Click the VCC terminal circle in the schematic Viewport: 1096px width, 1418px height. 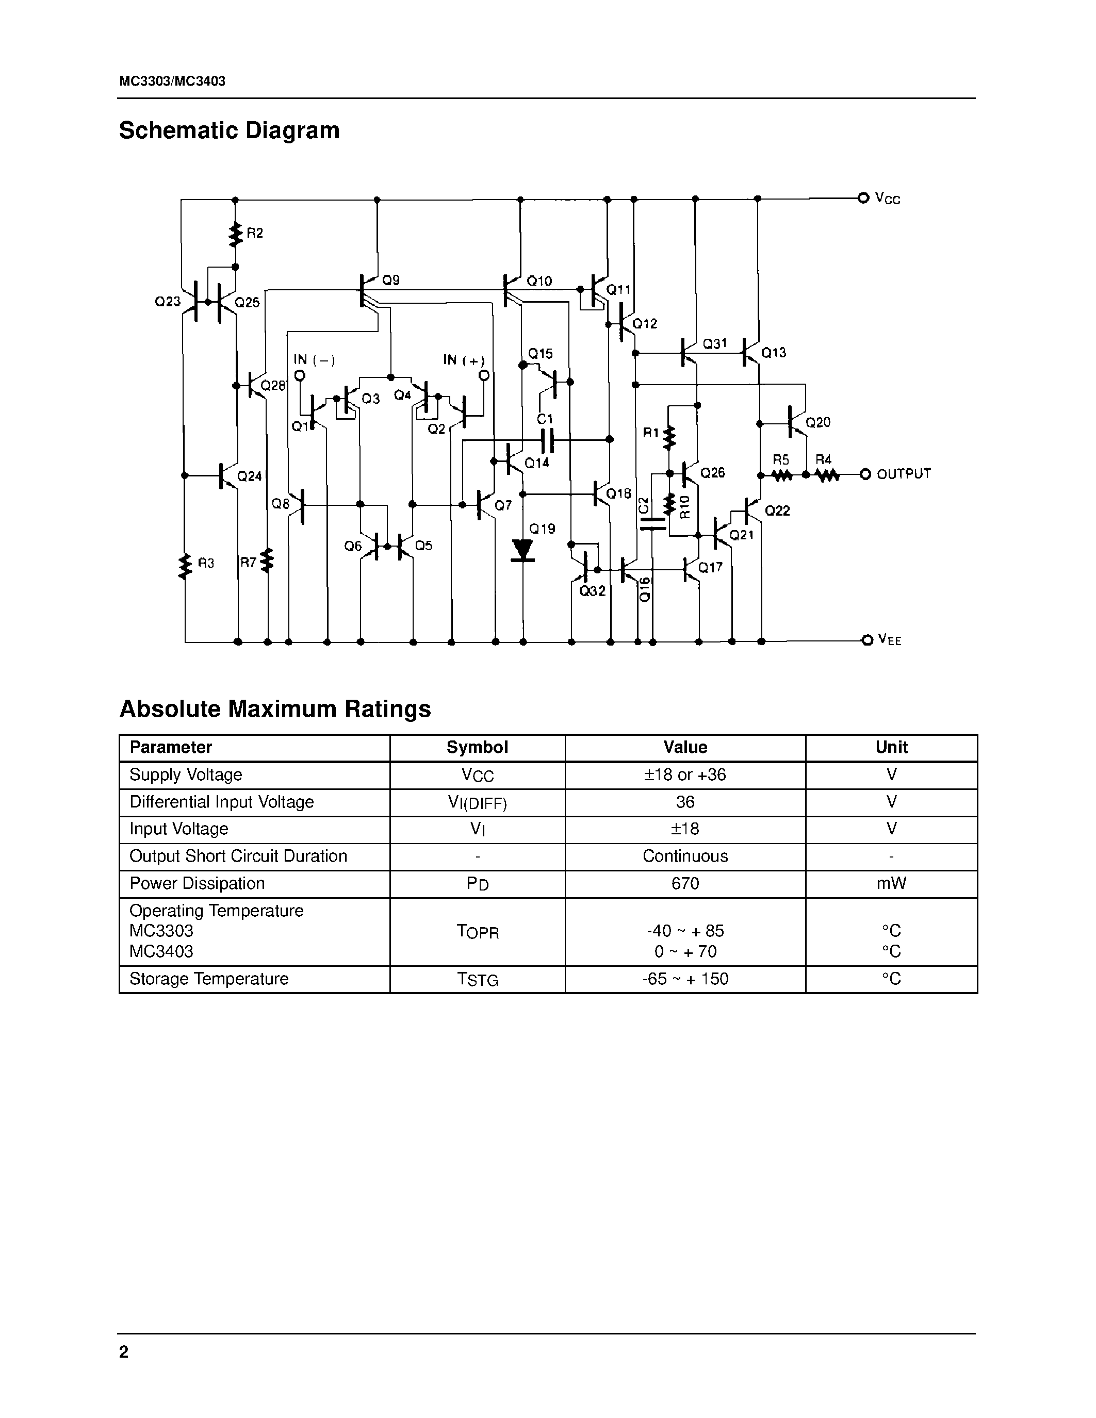[863, 198]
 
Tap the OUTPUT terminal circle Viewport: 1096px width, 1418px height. [864, 474]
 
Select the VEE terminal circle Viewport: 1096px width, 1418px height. [866, 640]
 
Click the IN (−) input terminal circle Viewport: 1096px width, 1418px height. [299, 375]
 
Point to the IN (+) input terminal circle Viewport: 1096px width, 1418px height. [483, 375]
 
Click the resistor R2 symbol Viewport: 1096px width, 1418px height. [236, 235]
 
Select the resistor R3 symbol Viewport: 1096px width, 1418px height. [186, 565]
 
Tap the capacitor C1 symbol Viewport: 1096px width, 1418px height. [547, 439]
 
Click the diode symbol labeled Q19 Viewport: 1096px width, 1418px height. [522, 550]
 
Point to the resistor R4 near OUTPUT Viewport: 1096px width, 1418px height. [827, 475]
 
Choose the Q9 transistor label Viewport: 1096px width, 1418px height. [391, 281]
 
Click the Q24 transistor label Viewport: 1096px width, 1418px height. [249, 476]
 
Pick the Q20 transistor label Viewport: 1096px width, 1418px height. [817, 423]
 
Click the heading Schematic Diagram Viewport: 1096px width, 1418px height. [229, 130]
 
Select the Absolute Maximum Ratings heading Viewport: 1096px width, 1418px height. [275, 708]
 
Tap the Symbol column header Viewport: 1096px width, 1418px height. [477, 747]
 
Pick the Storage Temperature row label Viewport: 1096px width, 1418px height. [209, 979]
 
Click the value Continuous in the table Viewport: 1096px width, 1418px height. [685, 856]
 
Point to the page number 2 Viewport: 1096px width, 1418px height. [124, 1353]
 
